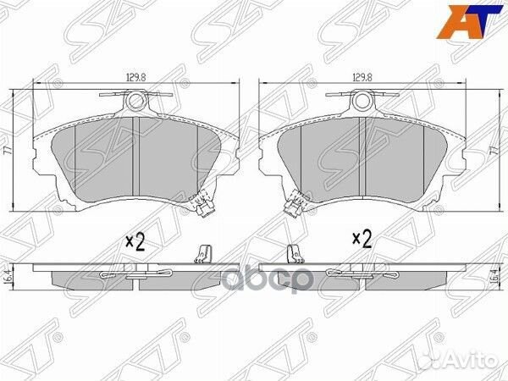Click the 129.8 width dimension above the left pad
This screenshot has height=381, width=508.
click(133, 77)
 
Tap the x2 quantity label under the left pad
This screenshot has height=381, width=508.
click(135, 241)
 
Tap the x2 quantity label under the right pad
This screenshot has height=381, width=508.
click(362, 240)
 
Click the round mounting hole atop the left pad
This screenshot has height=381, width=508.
click(136, 103)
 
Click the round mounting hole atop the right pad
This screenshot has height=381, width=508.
click(363, 103)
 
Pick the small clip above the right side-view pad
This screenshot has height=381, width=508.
click(293, 253)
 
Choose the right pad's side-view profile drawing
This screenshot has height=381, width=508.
click(364, 276)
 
